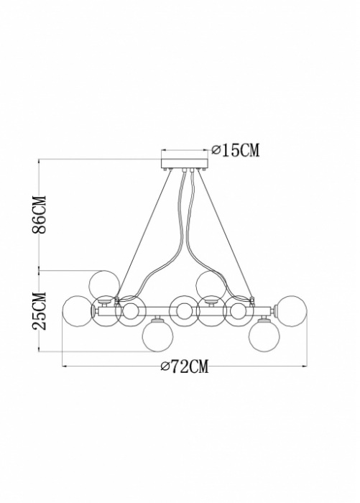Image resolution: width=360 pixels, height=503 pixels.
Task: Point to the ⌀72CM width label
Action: (185, 367)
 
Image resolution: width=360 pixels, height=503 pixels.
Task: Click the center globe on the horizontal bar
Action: (185, 310)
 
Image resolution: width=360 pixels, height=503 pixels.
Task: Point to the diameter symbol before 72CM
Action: (165, 367)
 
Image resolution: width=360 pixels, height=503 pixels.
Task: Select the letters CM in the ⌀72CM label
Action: (199, 367)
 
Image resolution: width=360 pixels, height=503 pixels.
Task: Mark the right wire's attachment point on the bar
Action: (252, 300)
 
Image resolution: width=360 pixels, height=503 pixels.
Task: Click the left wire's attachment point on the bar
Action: (117, 300)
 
